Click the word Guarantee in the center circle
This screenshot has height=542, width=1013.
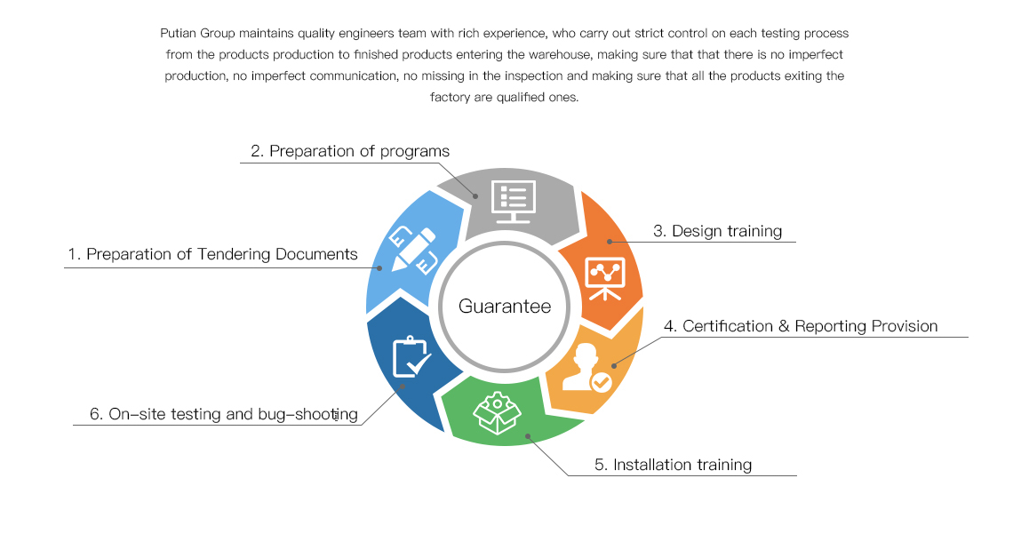coord(505,307)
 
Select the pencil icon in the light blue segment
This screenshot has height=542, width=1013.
coord(413,250)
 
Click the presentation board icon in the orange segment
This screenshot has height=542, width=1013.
coord(605,278)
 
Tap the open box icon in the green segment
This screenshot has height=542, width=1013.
coord(497,413)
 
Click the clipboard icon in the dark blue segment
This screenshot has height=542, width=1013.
coord(411,357)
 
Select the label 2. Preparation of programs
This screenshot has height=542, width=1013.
coord(350,151)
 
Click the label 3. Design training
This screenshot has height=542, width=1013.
coord(717,231)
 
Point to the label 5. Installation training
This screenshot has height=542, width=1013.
coord(674,465)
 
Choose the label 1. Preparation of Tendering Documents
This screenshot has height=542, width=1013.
coord(212,254)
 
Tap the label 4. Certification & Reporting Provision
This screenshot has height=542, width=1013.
coord(801,326)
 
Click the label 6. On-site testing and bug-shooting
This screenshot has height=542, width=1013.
coord(224,414)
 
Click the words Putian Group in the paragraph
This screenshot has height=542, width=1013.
coord(197,34)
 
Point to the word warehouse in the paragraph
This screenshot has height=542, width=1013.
coord(560,55)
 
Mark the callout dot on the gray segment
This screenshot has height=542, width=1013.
coord(475,196)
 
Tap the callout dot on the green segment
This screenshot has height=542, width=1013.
coord(528,436)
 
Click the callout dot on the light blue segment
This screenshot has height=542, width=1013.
coord(380,268)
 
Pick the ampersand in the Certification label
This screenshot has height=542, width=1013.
coord(784,326)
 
